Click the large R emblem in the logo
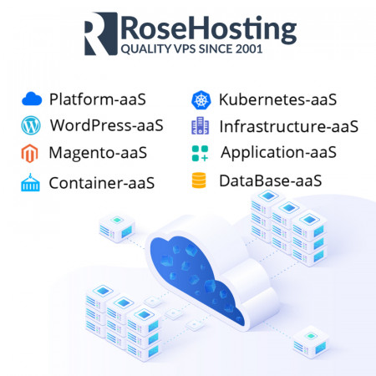coord(101,33)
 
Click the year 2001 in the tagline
coord(249,49)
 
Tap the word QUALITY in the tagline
coord(146,49)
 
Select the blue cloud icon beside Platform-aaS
coord(32,99)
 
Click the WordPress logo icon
coord(31,125)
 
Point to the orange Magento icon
coord(29,153)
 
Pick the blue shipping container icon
coord(30,182)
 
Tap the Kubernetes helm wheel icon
coord(201,100)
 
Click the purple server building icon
coord(200,125)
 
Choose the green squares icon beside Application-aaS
coord(200,153)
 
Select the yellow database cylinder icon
coord(199,180)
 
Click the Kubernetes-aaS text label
coord(277,99)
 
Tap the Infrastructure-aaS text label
coord(289,126)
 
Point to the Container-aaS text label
coord(102,183)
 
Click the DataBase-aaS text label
coord(271,180)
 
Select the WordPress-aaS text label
coord(107,125)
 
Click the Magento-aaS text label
coord(98,153)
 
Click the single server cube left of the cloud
coord(117,228)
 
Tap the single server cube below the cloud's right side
coord(311,343)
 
